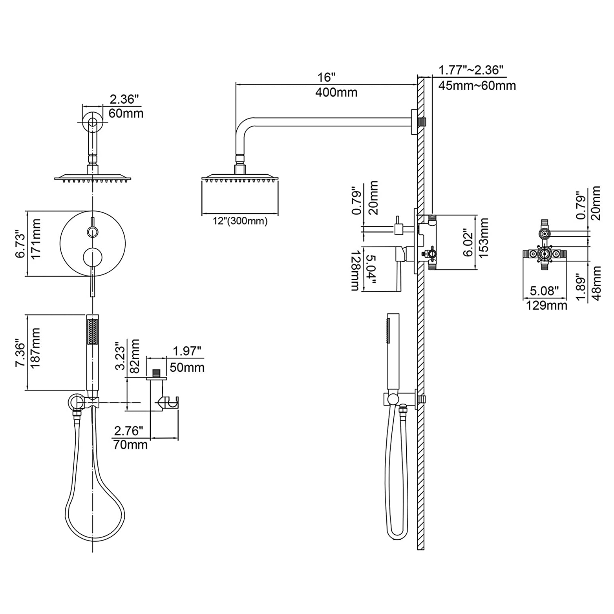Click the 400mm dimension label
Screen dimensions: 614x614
(x=336, y=93)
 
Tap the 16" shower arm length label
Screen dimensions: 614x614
(x=327, y=77)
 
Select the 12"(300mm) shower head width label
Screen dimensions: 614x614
(x=240, y=221)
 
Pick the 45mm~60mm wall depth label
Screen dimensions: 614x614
(x=477, y=86)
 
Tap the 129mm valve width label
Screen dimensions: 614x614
(x=546, y=305)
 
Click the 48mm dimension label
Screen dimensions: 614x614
(x=596, y=283)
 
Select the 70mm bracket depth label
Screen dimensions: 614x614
(x=130, y=445)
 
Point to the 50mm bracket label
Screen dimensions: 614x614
(x=187, y=367)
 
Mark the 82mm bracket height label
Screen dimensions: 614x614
(x=135, y=356)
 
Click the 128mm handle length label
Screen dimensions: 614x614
(x=355, y=271)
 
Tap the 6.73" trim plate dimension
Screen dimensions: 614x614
(x=20, y=244)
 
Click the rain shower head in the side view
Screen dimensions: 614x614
(x=240, y=179)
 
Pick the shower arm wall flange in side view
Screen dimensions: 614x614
(x=414, y=122)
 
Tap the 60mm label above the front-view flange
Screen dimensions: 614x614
(x=126, y=113)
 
